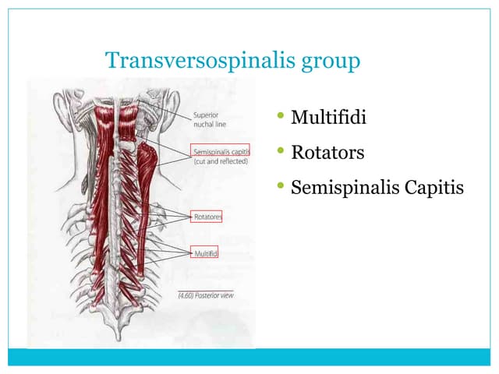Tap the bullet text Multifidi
328,118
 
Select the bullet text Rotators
327,153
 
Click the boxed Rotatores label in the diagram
206,216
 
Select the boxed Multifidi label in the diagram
205,253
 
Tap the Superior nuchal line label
211,118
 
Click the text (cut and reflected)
220,161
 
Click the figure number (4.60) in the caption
187,295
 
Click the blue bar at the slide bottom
249,357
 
